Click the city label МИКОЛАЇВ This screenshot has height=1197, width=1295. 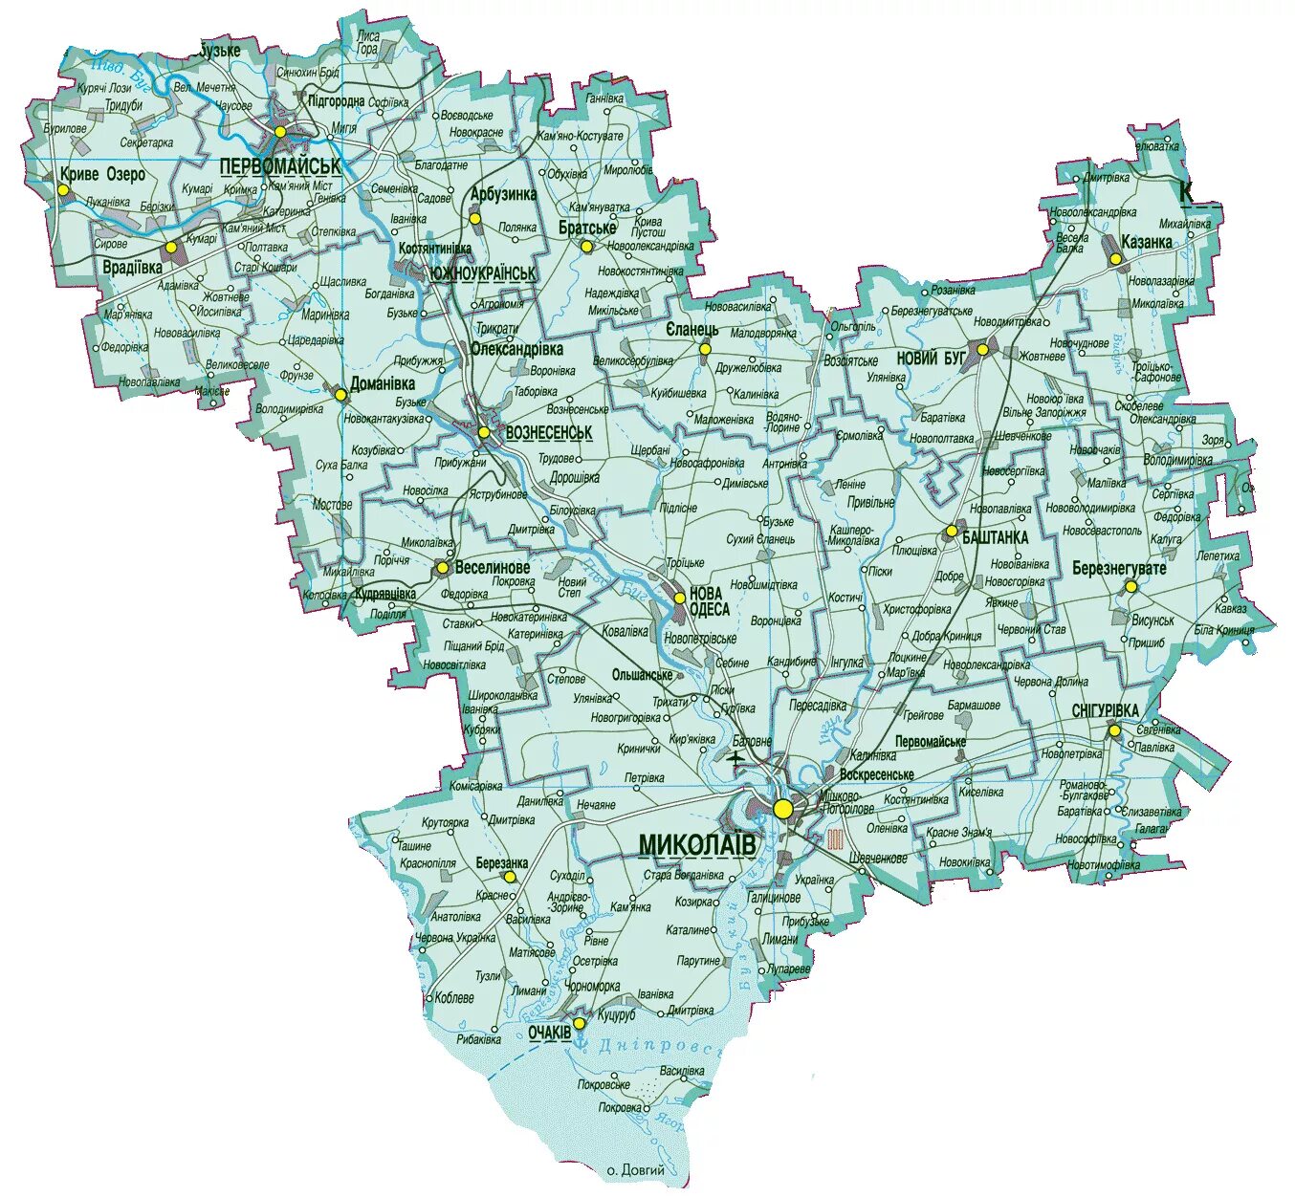(696, 845)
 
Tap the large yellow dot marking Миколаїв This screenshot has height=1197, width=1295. (783, 809)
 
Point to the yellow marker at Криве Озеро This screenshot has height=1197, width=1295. (63, 189)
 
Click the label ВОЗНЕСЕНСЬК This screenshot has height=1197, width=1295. (548, 433)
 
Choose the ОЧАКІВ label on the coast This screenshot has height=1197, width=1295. (549, 1033)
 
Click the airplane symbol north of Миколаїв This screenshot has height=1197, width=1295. (735, 759)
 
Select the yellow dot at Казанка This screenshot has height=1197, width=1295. (1115, 258)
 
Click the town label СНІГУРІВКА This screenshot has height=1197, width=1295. (1105, 710)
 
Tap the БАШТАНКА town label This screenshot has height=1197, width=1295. (996, 538)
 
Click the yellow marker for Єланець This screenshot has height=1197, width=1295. (705, 349)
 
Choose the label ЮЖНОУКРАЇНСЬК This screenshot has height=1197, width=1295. (483, 273)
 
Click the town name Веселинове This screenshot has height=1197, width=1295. (493, 568)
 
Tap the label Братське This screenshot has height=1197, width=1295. (587, 228)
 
